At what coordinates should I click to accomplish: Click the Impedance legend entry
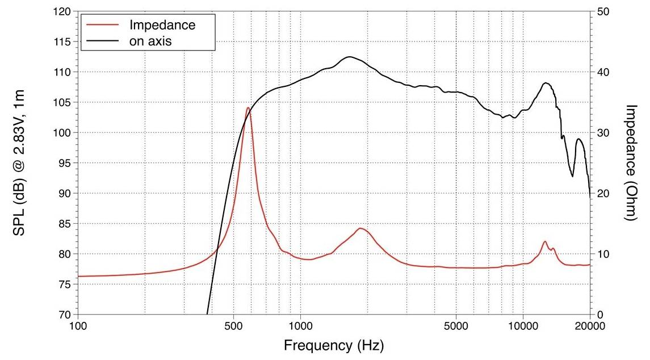(x=162, y=26)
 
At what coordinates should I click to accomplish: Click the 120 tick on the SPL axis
(x=65, y=12)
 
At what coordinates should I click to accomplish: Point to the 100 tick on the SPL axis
(x=65, y=133)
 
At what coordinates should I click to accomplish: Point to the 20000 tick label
(x=590, y=326)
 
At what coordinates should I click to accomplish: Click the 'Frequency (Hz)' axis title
(x=334, y=345)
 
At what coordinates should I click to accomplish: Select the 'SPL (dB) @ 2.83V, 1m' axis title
(x=19, y=163)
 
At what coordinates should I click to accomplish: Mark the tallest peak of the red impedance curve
(x=248, y=107)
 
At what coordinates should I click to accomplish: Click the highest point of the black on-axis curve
(x=349, y=57)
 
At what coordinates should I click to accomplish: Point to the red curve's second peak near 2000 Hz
(x=360, y=228)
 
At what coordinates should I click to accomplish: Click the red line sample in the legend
(x=103, y=26)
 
